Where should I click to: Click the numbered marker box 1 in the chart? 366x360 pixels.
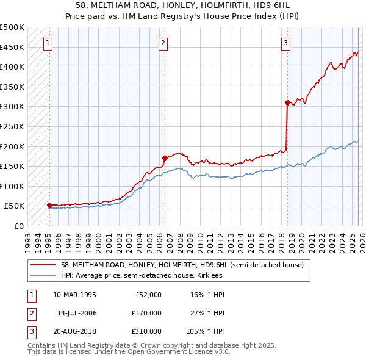click(x=48, y=43)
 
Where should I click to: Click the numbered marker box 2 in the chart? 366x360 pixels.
click(x=163, y=43)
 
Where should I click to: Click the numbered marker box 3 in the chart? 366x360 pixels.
click(x=285, y=43)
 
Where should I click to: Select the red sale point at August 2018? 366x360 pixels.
click(x=287, y=103)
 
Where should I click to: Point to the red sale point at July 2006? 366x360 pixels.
click(x=165, y=158)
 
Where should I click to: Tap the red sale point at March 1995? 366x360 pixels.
click(x=49, y=205)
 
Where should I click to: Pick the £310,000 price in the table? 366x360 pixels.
click(x=147, y=332)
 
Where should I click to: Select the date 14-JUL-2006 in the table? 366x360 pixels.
click(x=77, y=313)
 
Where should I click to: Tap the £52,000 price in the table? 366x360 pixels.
click(x=149, y=294)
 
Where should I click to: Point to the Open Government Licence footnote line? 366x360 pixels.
click(x=129, y=352)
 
